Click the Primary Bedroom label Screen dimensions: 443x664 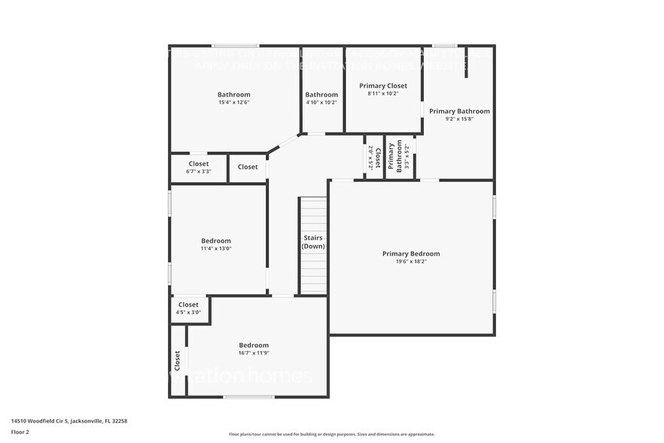(x=410, y=254)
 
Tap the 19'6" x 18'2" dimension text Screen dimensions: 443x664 (x=410, y=262)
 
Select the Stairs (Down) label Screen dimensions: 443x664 (x=313, y=242)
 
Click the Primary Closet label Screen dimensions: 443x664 (x=382, y=86)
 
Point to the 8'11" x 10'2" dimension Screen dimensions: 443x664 (x=382, y=94)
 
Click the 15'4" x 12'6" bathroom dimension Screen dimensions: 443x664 (x=233, y=102)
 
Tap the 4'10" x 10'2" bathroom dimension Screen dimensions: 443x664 (x=321, y=102)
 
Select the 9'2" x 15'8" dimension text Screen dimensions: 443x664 (x=459, y=119)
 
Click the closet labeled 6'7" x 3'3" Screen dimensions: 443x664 (x=199, y=167)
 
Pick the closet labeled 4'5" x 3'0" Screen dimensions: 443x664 (x=188, y=308)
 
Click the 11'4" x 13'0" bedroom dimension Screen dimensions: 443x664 (x=215, y=249)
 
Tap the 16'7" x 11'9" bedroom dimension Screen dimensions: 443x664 (x=254, y=353)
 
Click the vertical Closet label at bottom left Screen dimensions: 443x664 (x=178, y=361)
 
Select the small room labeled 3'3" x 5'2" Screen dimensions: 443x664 (x=399, y=157)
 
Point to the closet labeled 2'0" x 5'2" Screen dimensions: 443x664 (x=371, y=157)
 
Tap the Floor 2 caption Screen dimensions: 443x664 (x=20, y=432)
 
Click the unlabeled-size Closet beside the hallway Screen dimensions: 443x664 (x=248, y=167)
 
